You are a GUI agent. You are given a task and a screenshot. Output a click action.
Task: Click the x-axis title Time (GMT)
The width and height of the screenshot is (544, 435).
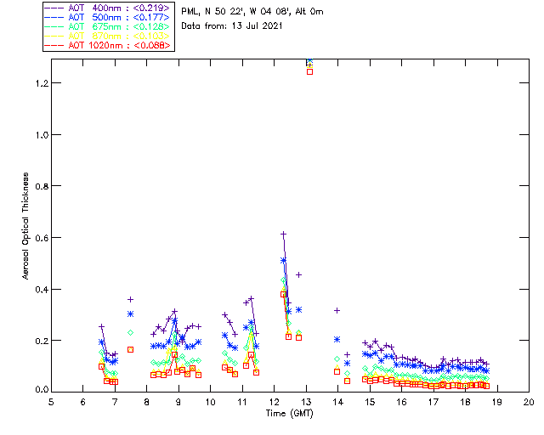289,413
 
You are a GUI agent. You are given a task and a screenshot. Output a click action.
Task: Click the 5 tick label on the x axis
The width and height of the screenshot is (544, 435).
51,402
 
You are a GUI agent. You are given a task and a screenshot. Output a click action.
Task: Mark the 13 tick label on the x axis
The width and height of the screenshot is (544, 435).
306,402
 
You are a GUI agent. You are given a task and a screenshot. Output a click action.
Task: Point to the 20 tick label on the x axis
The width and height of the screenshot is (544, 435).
529,402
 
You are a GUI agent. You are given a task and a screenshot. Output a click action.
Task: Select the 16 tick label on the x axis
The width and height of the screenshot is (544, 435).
401,402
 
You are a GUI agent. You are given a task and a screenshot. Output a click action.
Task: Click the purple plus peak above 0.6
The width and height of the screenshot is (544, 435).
283,234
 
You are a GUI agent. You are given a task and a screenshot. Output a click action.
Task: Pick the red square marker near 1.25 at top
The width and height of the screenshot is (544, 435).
309,71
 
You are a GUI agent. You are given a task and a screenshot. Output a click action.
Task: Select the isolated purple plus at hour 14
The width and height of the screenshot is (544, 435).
337,310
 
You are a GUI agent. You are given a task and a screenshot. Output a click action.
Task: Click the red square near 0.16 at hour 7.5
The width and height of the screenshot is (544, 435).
131,349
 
